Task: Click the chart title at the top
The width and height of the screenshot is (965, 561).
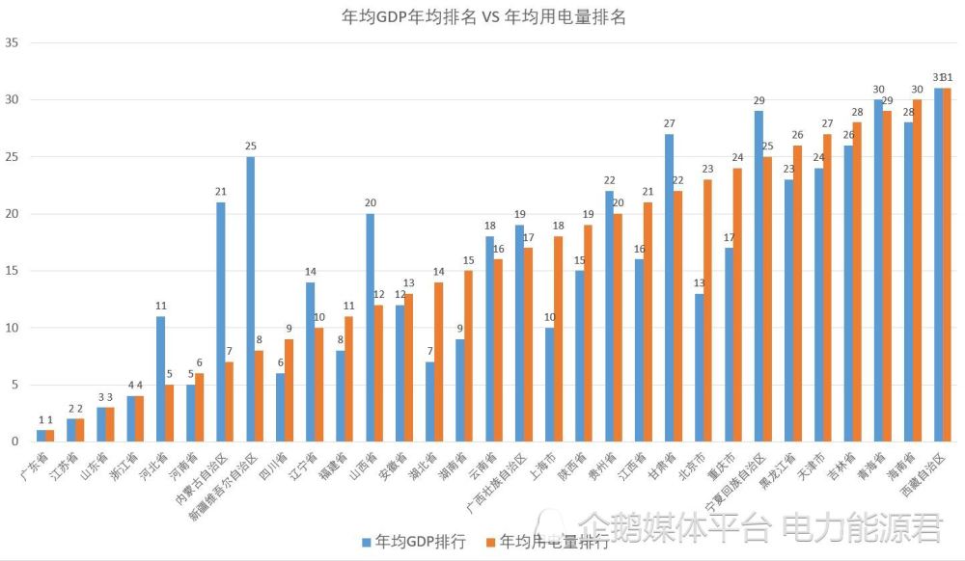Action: click(483, 17)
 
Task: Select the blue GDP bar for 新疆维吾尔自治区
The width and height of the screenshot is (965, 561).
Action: click(251, 299)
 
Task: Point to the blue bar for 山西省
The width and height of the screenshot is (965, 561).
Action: click(371, 328)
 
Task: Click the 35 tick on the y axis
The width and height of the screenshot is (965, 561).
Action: click(13, 43)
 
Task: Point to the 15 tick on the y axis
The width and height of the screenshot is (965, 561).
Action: click(13, 271)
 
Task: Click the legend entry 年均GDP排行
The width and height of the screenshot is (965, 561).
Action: click(412, 542)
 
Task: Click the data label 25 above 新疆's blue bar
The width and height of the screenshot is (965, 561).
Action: click(251, 147)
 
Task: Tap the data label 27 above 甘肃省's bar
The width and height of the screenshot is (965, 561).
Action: click(669, 123)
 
